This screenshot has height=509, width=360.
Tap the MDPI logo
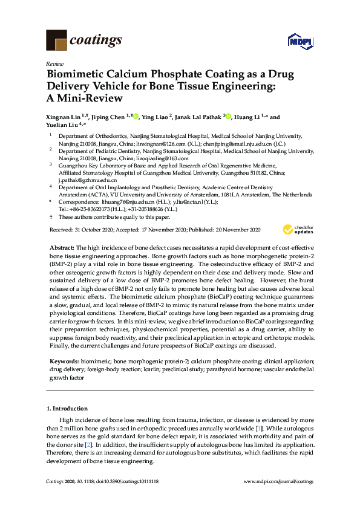click(x=300, y=42)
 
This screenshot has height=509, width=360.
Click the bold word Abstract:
click(x=61, y=248)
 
